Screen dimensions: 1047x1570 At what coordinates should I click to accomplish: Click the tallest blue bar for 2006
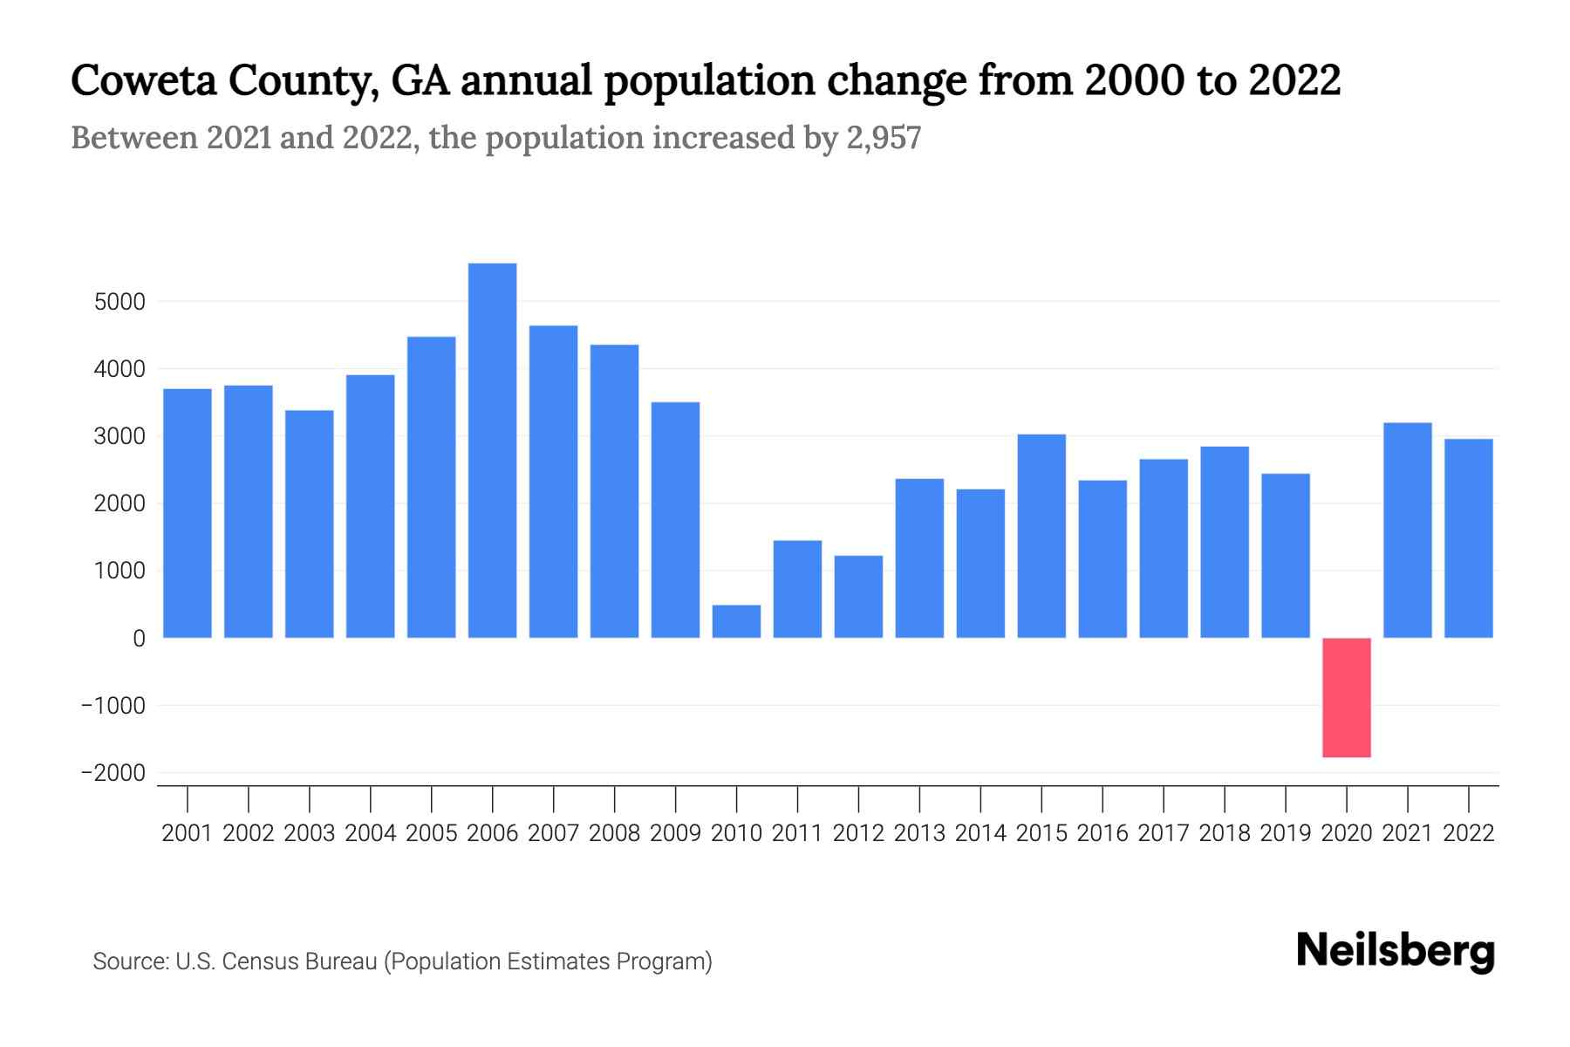[x=492, y=450]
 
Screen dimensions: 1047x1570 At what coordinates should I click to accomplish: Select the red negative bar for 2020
[x=1346, y=697]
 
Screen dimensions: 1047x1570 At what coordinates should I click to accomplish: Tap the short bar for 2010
[x=736, y=621]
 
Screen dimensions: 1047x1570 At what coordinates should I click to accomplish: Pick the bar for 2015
[x=1041, y=536]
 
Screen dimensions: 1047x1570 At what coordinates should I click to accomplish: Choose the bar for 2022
[x=1468, y=538]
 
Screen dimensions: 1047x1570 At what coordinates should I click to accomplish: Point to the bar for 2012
[x=858, y=597]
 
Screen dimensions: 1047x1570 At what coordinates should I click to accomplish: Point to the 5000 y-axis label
[x=119, y=302]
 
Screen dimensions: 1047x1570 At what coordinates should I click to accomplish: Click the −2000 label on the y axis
[x=113, y=773]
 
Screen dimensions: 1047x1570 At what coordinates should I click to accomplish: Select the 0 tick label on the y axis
[x=139, y=639]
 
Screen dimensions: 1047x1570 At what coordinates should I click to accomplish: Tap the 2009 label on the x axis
[x=675, y=833]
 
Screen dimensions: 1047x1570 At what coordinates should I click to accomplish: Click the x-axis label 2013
[x=919, y=833]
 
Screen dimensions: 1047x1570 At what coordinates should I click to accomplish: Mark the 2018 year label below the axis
[x=1224, y=833]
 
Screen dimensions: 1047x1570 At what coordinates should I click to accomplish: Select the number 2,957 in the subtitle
[x=883, y=138]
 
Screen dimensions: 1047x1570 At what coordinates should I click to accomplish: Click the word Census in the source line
[x=254, y=961]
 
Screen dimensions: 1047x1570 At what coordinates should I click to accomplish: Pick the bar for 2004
[x=370, y=506]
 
